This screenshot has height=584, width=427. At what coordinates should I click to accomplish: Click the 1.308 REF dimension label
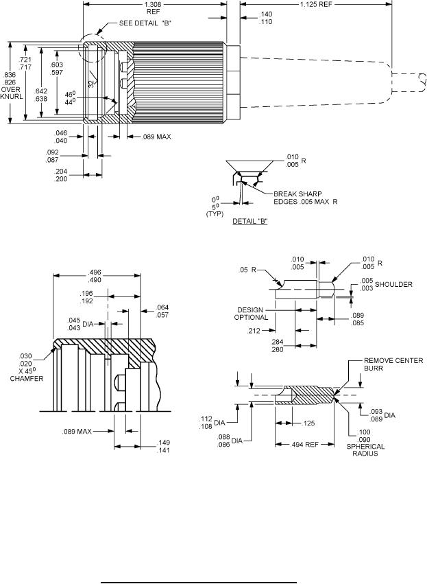coord(153,8)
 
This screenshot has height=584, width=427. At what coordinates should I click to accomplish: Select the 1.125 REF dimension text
coord(316,5)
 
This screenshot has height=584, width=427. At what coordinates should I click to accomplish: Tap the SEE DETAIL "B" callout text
coord(145,23)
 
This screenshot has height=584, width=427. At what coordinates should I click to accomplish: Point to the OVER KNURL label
coord(12,93)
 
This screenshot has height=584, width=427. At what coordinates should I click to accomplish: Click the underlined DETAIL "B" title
coord(250,221)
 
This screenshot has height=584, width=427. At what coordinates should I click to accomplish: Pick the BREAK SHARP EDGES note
coord(306,198)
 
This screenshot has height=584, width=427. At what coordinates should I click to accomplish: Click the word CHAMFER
coord(27,378)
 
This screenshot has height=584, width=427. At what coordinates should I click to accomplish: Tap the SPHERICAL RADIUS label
coord(365,450)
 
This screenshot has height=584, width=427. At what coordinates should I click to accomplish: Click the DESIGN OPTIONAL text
coord(251,314)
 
